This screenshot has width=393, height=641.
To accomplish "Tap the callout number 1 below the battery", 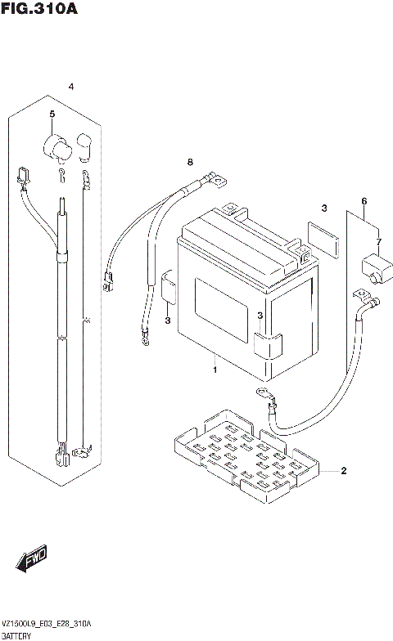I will click(x=214, y=371).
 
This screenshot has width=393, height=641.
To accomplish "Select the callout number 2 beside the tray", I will click(x=343, y=471).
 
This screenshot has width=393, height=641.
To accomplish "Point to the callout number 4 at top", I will click(x=71, y=87).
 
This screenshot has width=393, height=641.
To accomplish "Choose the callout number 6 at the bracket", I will click(x=364, y=201).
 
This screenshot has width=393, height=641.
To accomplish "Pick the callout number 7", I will click(x=378, y=242).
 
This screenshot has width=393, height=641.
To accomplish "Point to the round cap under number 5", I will click(x=56, y=147).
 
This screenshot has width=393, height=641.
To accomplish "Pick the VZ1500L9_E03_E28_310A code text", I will click(x=47, y=623).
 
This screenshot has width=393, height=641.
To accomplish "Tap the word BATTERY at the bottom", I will click(x=17, y=635).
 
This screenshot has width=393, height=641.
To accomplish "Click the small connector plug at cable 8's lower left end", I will click(x=107, y=280).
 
